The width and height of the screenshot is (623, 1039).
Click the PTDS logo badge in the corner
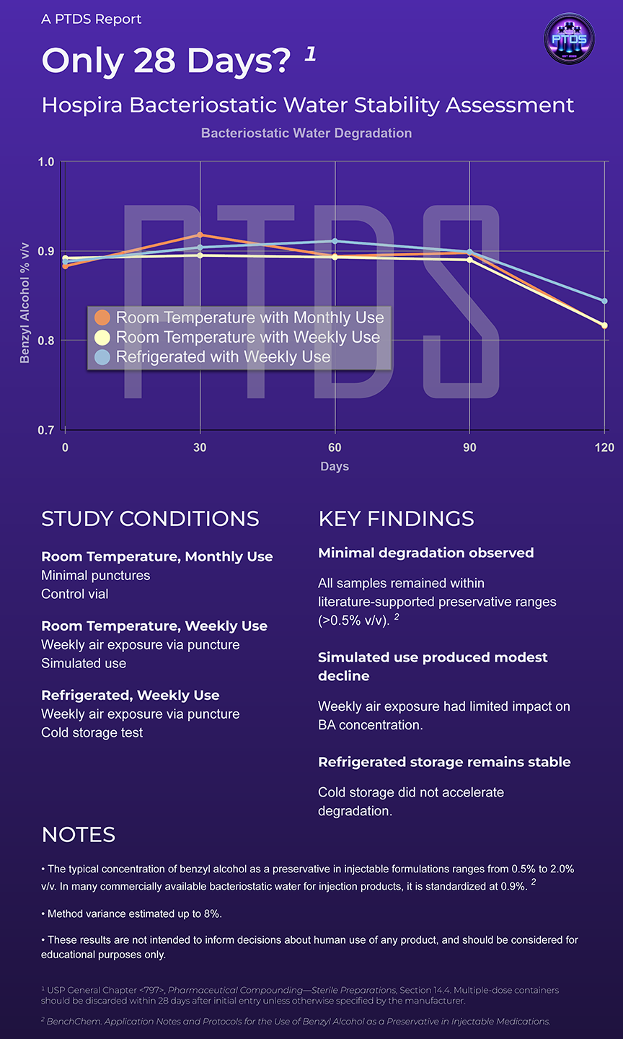coord(569,38)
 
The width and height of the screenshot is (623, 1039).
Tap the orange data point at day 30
coord(200,234)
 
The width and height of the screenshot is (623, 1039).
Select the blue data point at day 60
coord(335,241)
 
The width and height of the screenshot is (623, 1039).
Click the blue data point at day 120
coord(604,301)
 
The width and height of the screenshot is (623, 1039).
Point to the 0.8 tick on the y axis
coord(46,341)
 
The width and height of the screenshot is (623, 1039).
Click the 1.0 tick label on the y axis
coord(46,162)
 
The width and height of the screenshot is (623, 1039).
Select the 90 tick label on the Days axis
coord(469,447)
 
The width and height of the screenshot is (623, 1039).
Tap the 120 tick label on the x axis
coord(604,447)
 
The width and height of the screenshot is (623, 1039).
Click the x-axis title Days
coord(335,466)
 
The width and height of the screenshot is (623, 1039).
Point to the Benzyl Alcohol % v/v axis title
coord(25,303)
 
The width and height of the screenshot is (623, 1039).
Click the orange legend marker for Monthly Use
coord(102,317)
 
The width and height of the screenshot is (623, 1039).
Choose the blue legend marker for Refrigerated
coord(102,357)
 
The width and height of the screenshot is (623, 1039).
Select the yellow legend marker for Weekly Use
coord(102,337)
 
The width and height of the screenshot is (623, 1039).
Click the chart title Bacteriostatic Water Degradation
coord(306,133)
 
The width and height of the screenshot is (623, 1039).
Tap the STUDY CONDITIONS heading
coord(150,519)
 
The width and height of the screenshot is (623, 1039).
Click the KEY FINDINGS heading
coord(397,519)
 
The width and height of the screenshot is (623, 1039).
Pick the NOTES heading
coord(79,835)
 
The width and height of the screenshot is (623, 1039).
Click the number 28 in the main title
coord(154,61)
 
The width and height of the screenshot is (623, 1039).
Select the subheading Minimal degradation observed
coord(426,553)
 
